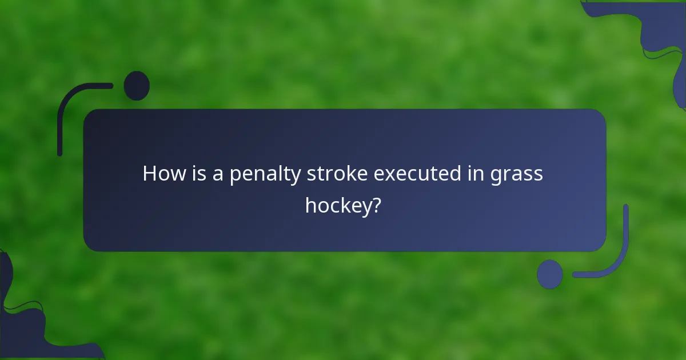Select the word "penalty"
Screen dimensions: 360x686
(x=266, y=174)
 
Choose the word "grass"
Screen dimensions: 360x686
(x=517, y=175)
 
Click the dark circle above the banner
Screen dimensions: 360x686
(x=137, y=86)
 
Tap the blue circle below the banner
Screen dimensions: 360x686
(x=550, y=274)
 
